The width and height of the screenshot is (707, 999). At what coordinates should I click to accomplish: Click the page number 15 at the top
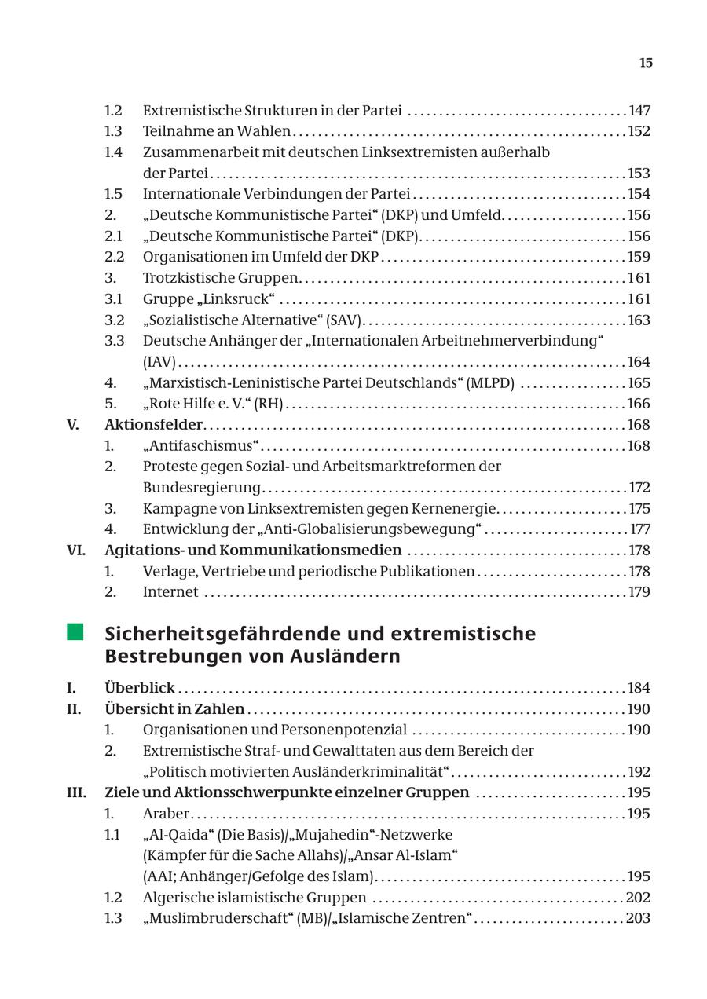[x=645, y=63]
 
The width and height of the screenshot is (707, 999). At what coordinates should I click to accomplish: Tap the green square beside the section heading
[x=75, y=632]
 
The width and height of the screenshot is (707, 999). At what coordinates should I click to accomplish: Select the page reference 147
[x=639, y=111]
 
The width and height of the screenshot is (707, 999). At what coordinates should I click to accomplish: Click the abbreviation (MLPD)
[x=490, y=382]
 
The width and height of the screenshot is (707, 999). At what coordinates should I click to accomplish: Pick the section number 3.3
[x=114, y=341]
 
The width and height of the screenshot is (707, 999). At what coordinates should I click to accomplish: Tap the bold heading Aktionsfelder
[x=153, y=425]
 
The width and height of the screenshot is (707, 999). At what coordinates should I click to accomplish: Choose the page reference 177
[x=639, y=529]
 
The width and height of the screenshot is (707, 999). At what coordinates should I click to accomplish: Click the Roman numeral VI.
[x=75, y=551]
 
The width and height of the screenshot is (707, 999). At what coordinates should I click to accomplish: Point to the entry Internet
[x=170, y=592]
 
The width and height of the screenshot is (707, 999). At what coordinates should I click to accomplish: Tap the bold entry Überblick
[x=140, y=688]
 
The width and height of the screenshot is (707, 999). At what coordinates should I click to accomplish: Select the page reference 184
[x=639, y=688]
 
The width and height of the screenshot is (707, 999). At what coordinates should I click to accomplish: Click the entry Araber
[x=166, y=814]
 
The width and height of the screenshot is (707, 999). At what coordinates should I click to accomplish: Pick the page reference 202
[x=638, y=898]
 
